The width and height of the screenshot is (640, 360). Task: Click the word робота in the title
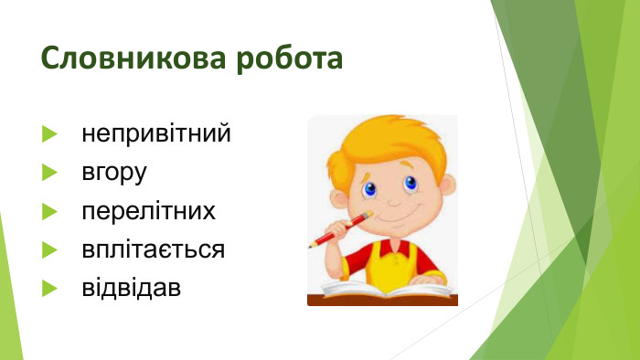pos(290,58)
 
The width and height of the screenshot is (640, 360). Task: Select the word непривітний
pos(155,134)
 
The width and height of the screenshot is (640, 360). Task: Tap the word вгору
pos(114,173)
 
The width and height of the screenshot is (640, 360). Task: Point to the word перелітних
pos(148,212)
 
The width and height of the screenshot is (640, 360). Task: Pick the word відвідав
pos(131,288)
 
